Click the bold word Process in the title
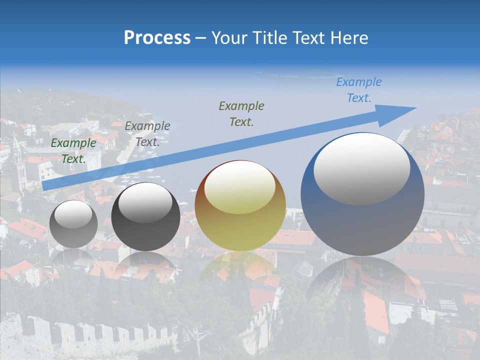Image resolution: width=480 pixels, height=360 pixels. click(x=157, y=38)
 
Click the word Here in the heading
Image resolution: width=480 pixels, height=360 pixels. click(x=348, y=38)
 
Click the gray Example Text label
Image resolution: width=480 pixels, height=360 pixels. click(x=147, y=134)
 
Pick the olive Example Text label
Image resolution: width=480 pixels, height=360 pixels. click(x=241, y=113)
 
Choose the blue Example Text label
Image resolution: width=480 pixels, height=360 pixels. click(x=359, y=90)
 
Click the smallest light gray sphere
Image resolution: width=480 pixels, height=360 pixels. click(x=73, y=224)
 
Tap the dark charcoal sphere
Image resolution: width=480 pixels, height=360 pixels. click(x=145, y=217)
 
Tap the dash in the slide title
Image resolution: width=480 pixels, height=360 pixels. click(x=201, y=38)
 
